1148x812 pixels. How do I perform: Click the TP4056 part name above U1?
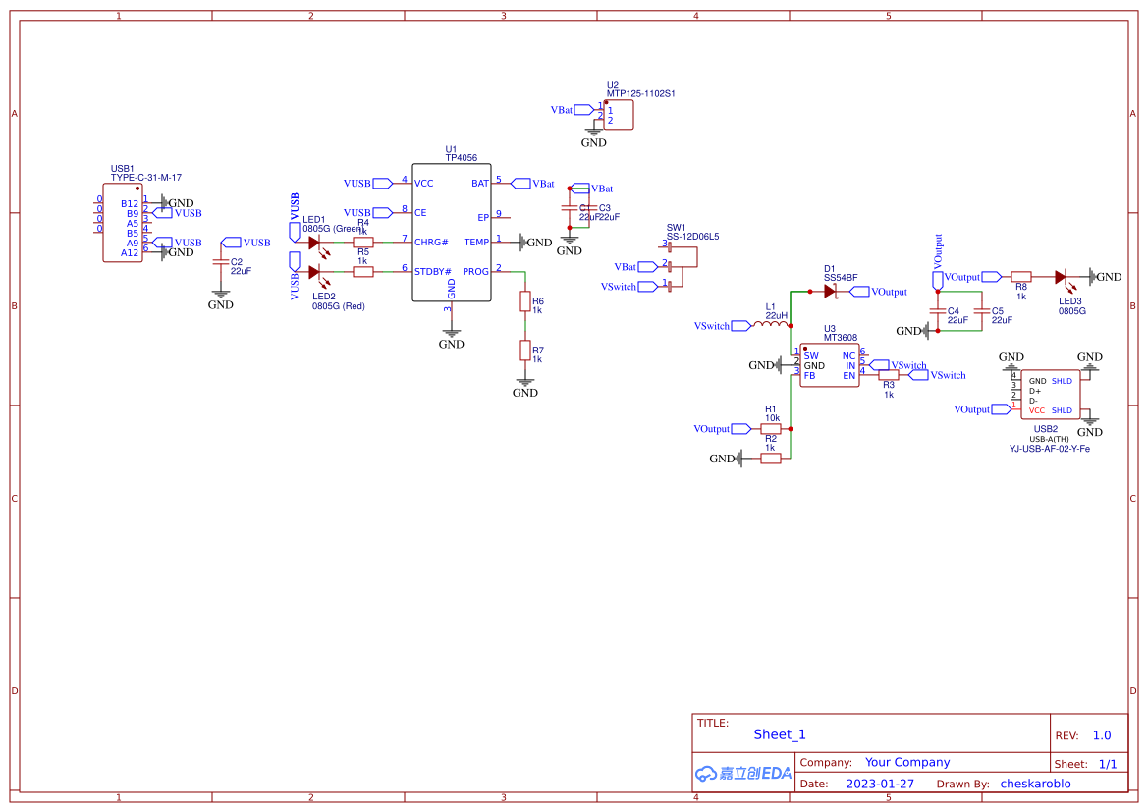[461, 157]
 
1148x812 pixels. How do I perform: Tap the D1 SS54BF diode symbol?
[830, 291]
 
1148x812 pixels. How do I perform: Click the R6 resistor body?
[525, 300]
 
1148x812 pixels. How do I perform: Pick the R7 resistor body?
[525, 351]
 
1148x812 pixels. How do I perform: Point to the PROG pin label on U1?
[475, 272]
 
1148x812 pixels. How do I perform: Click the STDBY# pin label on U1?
[431, 272]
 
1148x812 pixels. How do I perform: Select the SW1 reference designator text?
[676, 227]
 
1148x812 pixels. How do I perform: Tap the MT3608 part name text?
[840, 337]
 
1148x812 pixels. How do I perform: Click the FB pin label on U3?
[810, 376]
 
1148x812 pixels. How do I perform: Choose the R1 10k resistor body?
[771, 428]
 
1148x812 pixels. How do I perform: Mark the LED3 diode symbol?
[1062, 277]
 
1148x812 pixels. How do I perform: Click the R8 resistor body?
[1021, 277]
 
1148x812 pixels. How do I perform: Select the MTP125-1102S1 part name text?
[640, 93]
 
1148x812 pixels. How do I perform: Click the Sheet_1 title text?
[780, 734]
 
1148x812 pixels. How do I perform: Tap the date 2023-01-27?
[880, 784]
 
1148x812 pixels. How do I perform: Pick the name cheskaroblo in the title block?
[1035, 784]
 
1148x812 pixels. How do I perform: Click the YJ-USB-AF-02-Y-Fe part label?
[1049, 448]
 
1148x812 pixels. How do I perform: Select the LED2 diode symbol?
[314, 272]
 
